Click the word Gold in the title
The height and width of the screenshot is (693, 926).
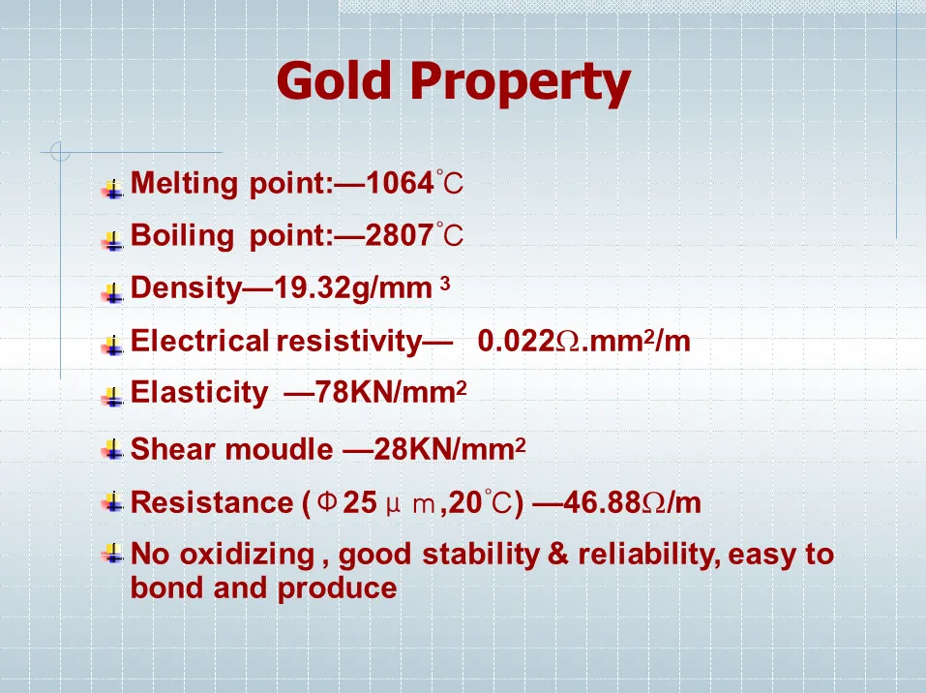tap(334, 80)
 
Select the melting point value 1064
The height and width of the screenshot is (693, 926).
tap(400, 183)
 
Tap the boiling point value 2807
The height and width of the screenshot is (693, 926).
tap(400, 235)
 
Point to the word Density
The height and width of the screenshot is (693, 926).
tap(186, 288)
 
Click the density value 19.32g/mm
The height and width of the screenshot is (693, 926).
tap(353, 288)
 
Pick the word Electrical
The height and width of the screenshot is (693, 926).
tap(199, 341)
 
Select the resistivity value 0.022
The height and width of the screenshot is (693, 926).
tap(516, 341)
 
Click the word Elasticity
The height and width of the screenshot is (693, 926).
tap(199, 393)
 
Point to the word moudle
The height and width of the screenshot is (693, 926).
tap(279, 449)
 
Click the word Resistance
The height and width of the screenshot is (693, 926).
tap(211, 502)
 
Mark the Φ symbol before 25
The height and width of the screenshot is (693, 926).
tap(327, 501)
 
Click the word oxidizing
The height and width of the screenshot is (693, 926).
tap(247, 556)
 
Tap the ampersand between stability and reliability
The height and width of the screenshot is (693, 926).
tap(558, 555)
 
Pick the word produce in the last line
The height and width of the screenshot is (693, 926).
tap(337, 589)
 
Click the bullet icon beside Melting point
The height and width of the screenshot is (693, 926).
tap(112, 189)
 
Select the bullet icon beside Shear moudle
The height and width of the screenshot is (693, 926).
tap(112, 449)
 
